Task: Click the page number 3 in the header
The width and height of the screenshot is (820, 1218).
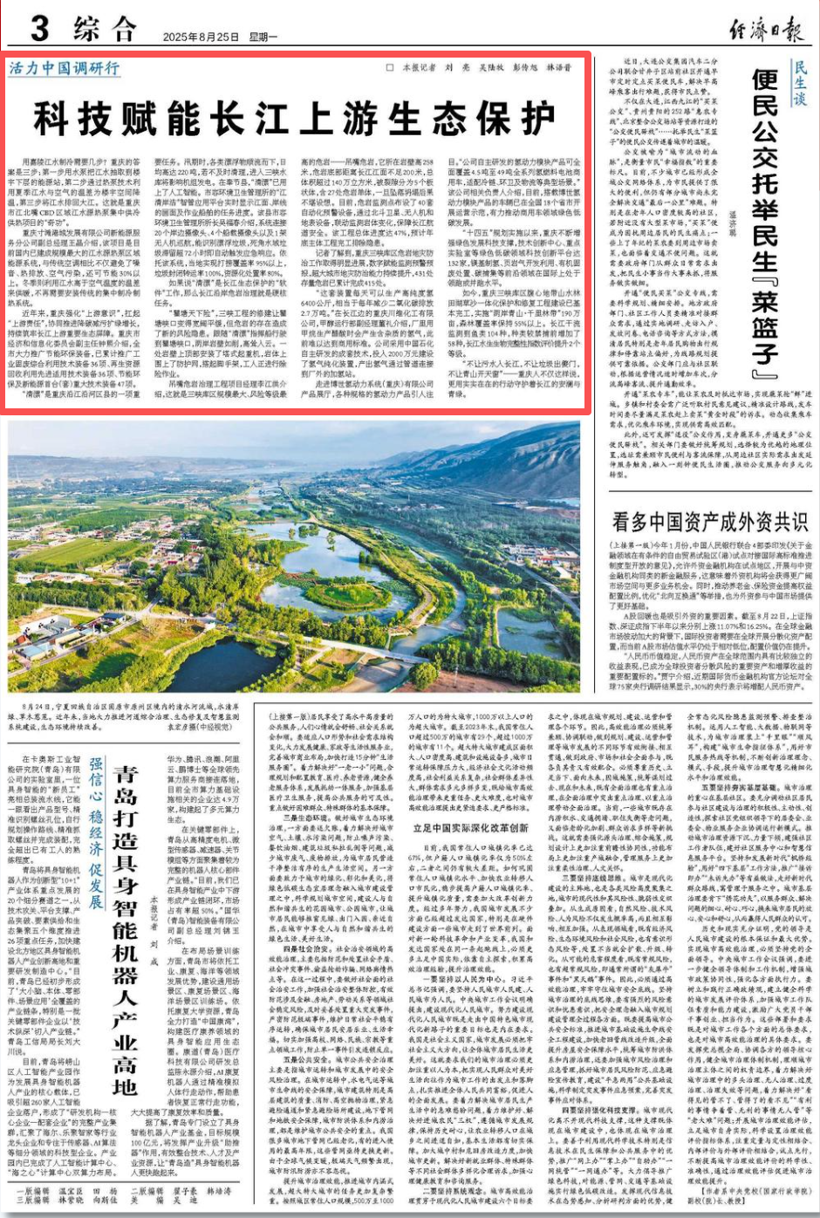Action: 38,28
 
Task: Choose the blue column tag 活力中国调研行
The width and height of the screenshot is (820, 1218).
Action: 64,68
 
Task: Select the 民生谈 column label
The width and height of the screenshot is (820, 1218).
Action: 800,82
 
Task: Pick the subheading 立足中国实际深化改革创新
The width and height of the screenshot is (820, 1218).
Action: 471,827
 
